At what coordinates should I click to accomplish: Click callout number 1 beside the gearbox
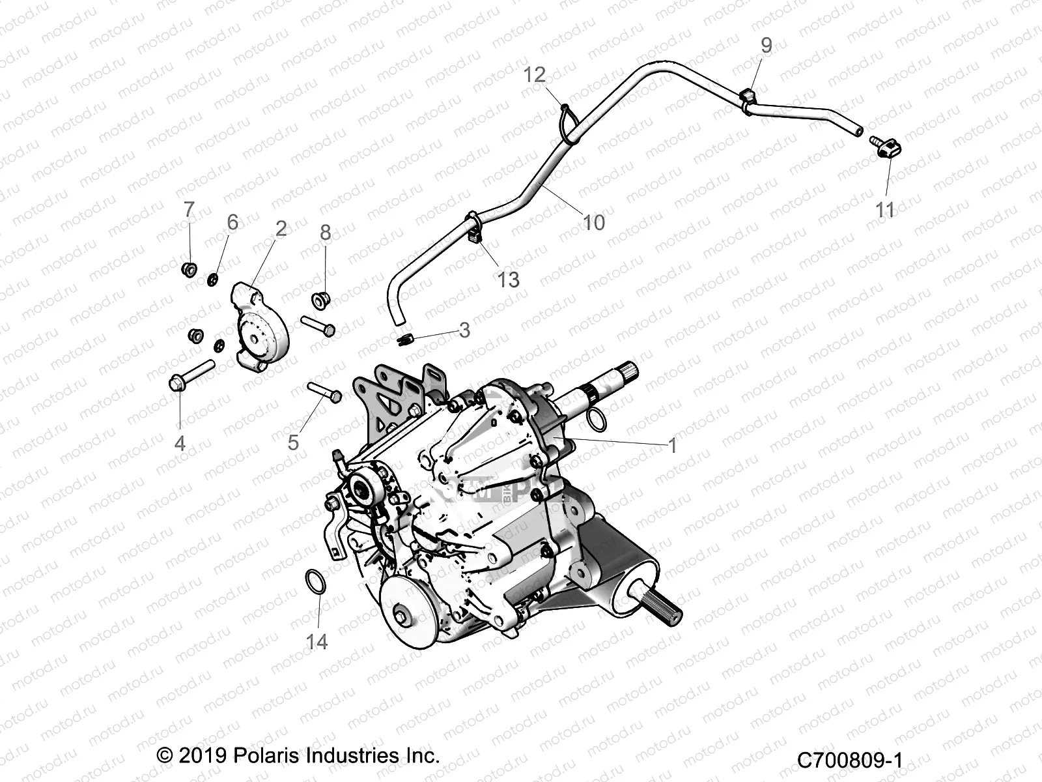(x=672, y=446)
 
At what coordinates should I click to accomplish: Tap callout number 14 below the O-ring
(x=317, y=642)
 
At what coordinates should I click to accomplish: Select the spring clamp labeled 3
(x=405, y=340)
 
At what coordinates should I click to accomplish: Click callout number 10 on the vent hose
(x=593, y=222)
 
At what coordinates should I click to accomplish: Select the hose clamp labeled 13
(x=475, y=229)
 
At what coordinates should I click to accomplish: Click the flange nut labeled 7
(x=190, y=268)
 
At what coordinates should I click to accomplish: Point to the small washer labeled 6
(x=212, y=280)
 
